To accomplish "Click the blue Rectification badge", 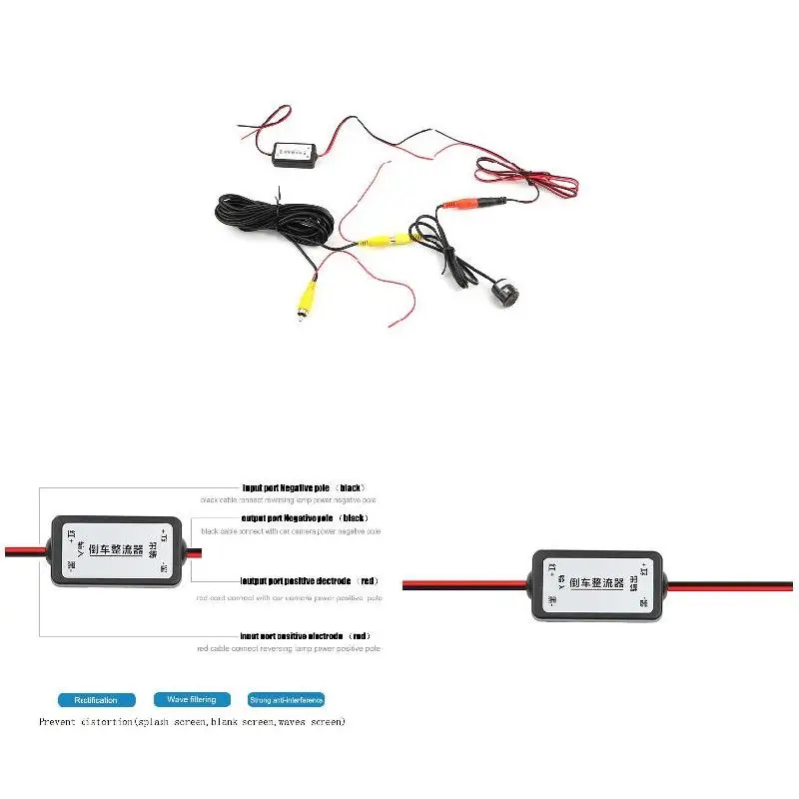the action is point(96,700).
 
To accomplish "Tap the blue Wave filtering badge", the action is point(192,700).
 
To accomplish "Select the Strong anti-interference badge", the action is point(287,700).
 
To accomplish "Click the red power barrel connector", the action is point(462,204).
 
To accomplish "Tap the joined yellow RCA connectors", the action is point(386,241).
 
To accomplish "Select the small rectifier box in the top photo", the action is point(294,153).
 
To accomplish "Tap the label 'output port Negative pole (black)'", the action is point(305,518).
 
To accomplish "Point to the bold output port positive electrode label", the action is point(310,580).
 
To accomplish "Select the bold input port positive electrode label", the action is point(306,635).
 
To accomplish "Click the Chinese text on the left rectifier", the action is point(118,548).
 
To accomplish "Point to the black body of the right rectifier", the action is point(597,607).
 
